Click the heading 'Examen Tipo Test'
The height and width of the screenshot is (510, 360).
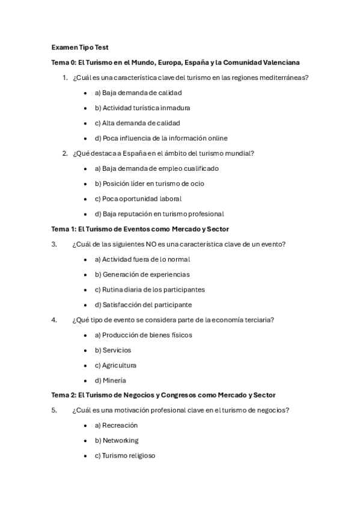[80, 47]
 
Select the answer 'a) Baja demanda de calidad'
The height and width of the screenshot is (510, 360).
[138, 93]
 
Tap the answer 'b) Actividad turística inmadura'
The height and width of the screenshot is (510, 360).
[142, 108]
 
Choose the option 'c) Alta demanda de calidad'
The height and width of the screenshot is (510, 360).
[137, 123]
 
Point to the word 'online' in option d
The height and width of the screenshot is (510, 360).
[215, 138]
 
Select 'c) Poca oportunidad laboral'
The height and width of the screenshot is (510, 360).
[138, 198]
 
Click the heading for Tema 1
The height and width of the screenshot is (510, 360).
[140, 229]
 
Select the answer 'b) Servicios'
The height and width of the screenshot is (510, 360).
[112, 350]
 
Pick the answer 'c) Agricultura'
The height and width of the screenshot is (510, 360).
[115, 365]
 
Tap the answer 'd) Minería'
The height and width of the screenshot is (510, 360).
[110, 380]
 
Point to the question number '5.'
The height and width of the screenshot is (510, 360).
[54, 410]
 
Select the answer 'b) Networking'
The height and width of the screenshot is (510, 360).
[116, 440]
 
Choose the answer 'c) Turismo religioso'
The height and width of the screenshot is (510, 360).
[124, 455]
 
